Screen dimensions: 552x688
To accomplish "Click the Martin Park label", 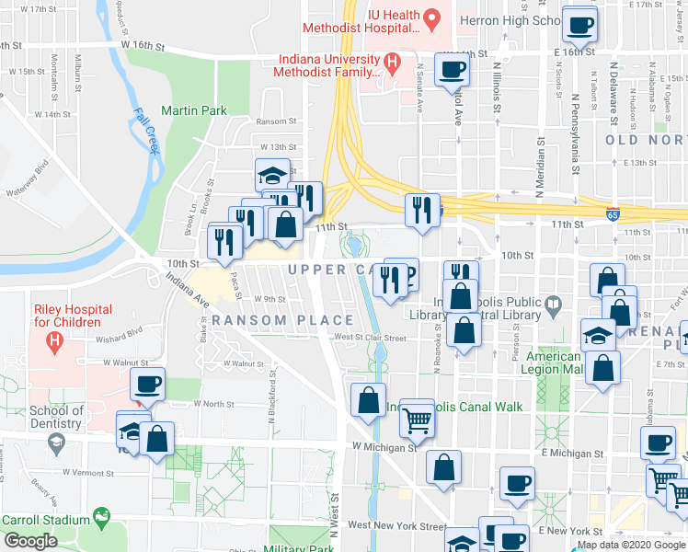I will tap(193, 110).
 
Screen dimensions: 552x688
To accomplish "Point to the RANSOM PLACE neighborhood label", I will tap(282, 320).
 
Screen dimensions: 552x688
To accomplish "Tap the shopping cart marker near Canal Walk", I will tap(418, 420).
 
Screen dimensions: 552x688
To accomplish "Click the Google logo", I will tap(29, 541).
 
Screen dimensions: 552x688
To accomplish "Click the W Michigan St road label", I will tap(384, 447).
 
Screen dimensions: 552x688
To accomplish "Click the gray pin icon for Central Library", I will tap(553, 303).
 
